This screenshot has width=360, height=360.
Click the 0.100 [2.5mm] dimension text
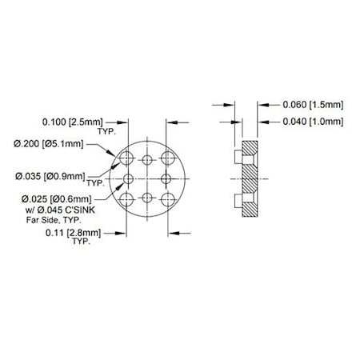(72, 122)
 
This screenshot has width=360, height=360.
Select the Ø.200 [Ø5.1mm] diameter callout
(49, 144)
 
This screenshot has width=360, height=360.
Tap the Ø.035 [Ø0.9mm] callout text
(50, 176)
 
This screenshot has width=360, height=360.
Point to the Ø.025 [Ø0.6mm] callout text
(57, 199)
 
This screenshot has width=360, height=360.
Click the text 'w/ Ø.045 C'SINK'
(60, 210)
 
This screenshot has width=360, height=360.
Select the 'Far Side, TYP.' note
(54, 220)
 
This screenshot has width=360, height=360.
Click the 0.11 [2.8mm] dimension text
(73, 233)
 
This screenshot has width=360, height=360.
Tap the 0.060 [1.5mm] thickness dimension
(313, 105)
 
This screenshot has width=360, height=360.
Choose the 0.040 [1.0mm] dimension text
(313, 122)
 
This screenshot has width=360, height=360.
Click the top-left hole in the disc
(126, 158)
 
